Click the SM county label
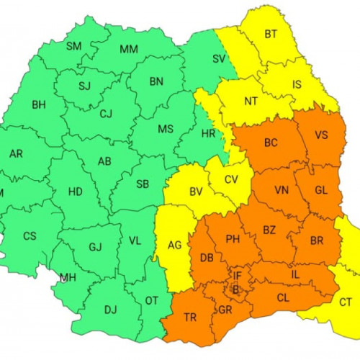pos(73,47)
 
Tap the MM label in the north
pos(129,49)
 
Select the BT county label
pos(271,34)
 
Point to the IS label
pos(295,85)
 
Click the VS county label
pos(321,135)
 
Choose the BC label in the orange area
pos(271,143)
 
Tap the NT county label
pos(251,101)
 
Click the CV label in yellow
pos(231,179)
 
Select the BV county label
pos(195,192)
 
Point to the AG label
pos(174,245)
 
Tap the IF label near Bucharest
pos(237,275)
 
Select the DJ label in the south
pos(110,310)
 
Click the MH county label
pos(68,278)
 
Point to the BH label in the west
pos(38,105)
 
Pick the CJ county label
pos(106,113)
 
